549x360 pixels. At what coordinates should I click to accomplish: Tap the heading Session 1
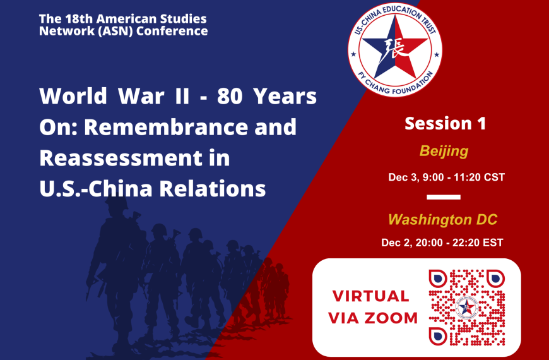point(445,123)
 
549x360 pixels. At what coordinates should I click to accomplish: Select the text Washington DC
point(442,220)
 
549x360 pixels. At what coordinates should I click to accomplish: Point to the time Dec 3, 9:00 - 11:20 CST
point(446,177)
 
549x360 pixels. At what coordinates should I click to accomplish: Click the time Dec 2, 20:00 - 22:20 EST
point(442,243)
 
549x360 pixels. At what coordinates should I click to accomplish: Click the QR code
point(466,307)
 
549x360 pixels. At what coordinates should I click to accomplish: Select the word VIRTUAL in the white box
point(370,296)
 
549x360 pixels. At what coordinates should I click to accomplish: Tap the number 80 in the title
point(229,97)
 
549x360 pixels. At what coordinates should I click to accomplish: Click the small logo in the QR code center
point(466,307)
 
